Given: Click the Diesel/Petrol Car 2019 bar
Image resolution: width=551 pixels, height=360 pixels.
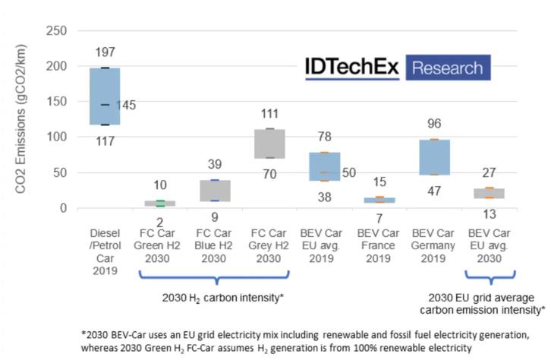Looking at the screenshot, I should pos(105,96).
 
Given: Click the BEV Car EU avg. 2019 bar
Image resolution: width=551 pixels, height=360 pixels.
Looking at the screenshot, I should pos(324,166).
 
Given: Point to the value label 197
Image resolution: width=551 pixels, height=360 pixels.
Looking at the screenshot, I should pos(106,52).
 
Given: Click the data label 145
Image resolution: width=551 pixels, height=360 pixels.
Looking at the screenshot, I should pos(125,106).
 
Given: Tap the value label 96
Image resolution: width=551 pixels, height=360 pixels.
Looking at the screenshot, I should pos(434,124).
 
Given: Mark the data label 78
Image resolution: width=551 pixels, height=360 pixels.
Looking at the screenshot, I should pos(324,137).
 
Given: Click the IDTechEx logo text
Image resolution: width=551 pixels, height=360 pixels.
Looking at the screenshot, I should pos(352,68).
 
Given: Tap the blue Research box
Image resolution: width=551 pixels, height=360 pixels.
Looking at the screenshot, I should pos(448,68).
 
